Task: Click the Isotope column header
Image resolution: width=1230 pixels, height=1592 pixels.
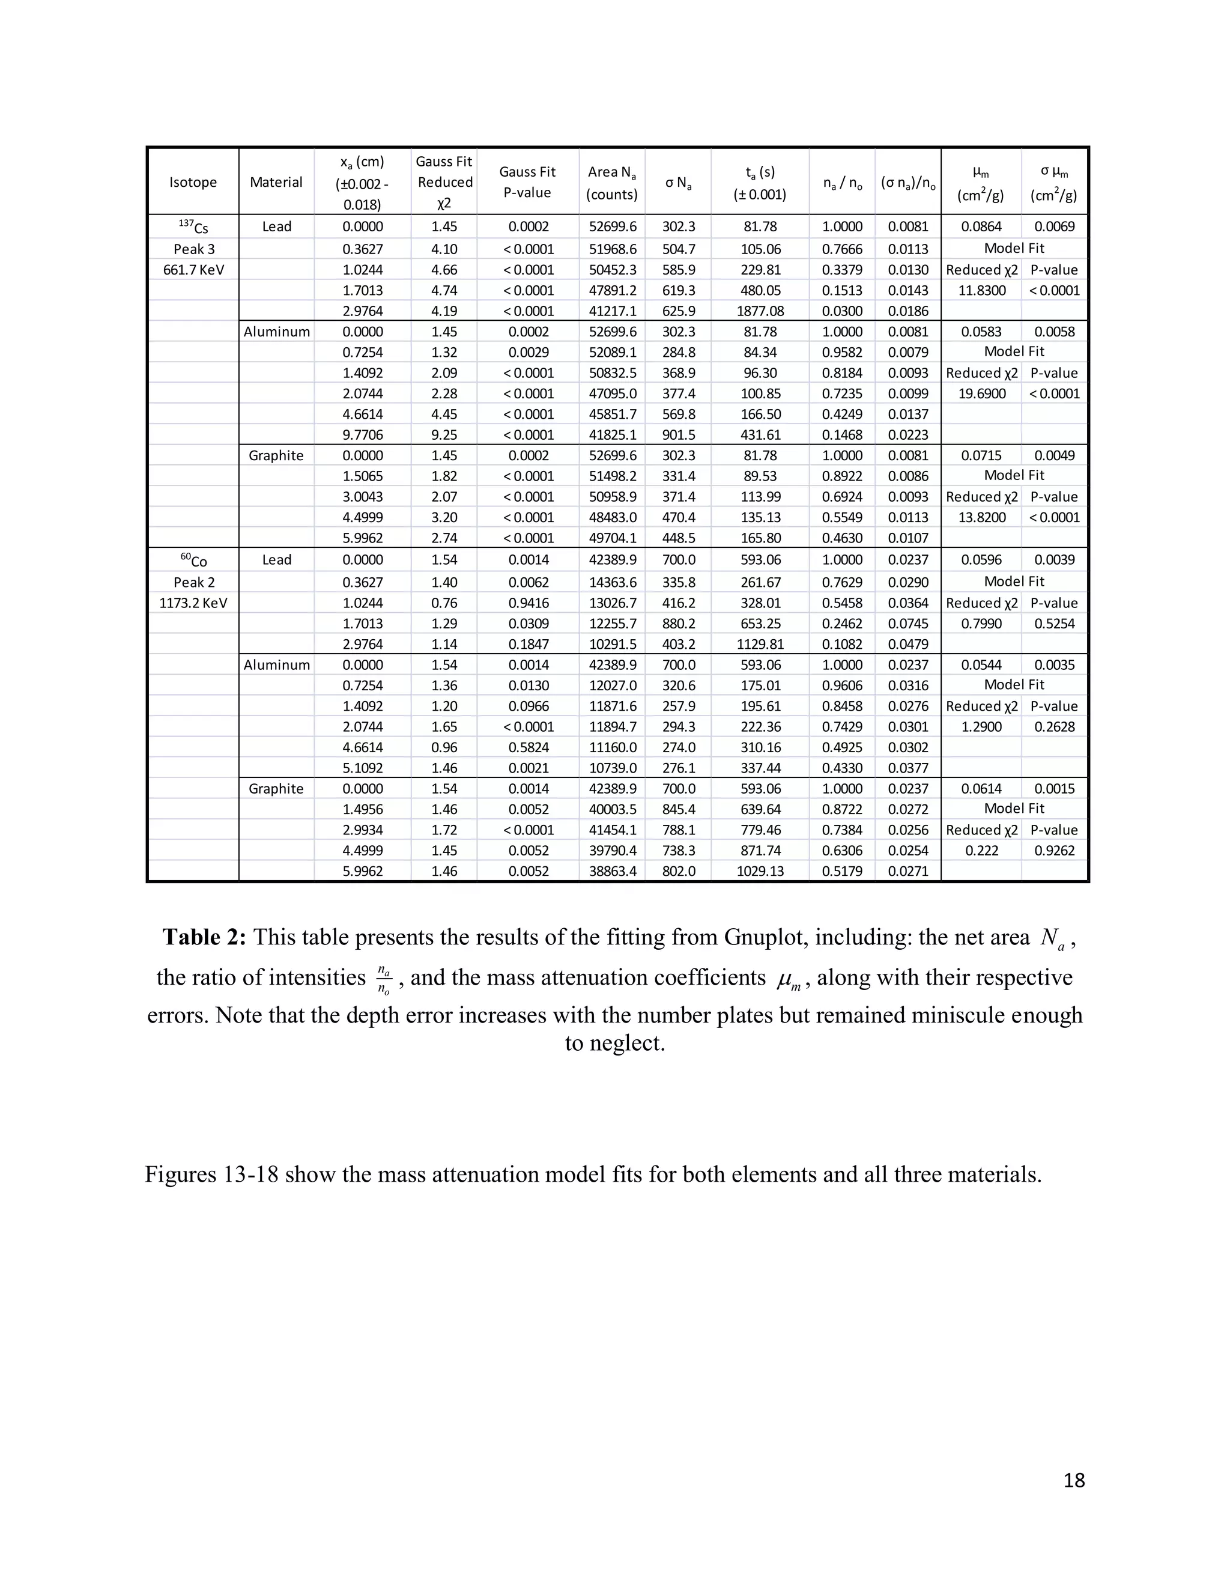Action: [x=193, y=182]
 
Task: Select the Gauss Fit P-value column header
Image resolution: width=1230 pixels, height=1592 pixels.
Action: [x=527, y=182]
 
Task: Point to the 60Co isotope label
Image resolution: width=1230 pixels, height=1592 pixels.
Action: [x=193, y=561]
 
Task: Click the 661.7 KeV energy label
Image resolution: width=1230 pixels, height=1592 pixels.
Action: [x=193, y=270]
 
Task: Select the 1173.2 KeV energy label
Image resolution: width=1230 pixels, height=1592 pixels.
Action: [x=193, y=603]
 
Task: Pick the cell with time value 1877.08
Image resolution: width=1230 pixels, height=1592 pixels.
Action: [x=760, y=311]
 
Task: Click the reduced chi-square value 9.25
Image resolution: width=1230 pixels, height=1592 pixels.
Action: [x=444, y=435]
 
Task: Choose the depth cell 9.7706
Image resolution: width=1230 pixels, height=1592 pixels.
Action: [x=362, y=435]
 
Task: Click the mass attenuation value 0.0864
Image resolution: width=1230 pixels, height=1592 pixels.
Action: [x=981, y=226]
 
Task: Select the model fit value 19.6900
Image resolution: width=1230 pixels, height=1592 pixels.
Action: [x=981, y=393]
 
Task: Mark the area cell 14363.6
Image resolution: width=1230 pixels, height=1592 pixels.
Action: [x=612, y=582]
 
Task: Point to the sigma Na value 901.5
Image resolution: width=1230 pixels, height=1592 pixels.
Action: [x=679, y=435]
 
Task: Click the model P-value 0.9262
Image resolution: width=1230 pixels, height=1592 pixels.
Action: [x=1055, y=851]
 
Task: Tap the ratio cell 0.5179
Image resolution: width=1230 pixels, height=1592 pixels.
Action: [x=841, y=871]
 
